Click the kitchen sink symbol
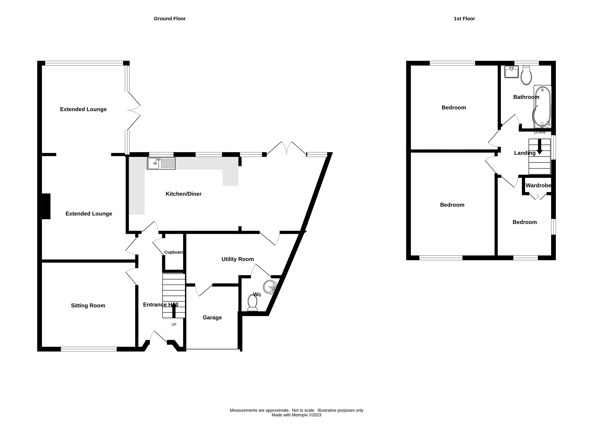[161, 163]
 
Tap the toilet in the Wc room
[252, 303]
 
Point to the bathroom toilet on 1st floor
[526, 76]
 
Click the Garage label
[212, 318]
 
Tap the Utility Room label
[237, 259]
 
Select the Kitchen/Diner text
[183, 194]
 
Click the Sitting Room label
[88, 306]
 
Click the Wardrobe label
[538, 185]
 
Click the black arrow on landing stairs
[539, 147]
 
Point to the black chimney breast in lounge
[46, 206]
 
